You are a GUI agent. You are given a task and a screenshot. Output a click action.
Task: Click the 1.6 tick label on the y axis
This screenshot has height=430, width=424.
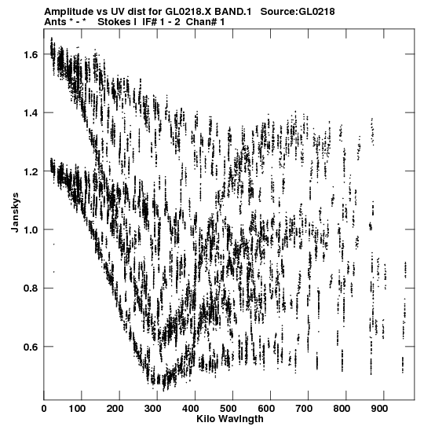(x=30, y=54)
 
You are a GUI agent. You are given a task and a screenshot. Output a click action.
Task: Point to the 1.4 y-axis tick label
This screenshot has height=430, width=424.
(x=30, y=113)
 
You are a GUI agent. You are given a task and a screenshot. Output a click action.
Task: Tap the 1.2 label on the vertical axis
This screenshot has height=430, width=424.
(x=30, y=171)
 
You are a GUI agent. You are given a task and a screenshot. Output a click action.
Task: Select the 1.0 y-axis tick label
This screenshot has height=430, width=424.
(x=30, y=230)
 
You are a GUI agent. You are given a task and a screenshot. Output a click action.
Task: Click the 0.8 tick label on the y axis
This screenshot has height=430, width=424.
(x=30, y=289)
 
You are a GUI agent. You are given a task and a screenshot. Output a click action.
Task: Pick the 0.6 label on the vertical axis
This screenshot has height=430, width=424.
(x=30, y=347)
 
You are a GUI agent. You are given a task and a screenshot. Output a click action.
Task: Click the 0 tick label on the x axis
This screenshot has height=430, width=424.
(x=44, y=409)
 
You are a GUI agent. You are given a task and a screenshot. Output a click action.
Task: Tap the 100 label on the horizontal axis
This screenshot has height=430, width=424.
(x=77, y=409)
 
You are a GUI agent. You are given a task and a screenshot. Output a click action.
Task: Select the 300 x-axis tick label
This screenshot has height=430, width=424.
(x=153, y=409)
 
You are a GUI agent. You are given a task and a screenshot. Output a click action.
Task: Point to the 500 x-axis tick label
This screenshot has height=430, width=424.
(x=228, y=409)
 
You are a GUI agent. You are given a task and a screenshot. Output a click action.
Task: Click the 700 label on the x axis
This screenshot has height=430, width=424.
(x=304, y=409)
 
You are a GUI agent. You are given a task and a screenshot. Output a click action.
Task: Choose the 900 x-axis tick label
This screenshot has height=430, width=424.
(x=379, y=409)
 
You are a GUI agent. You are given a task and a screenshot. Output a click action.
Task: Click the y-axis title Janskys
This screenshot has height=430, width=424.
(x=16, y=212)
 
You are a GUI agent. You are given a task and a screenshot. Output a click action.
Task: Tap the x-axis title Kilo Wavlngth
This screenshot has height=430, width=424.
(x=230, y=419)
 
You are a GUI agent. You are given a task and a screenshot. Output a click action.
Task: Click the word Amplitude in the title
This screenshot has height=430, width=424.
(x=68, y=12)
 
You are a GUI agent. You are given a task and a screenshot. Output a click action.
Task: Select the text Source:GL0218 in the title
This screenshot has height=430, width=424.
(x=298, y=12)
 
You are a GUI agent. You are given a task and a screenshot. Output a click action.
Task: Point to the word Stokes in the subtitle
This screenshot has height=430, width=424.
(x=114, y=22)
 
